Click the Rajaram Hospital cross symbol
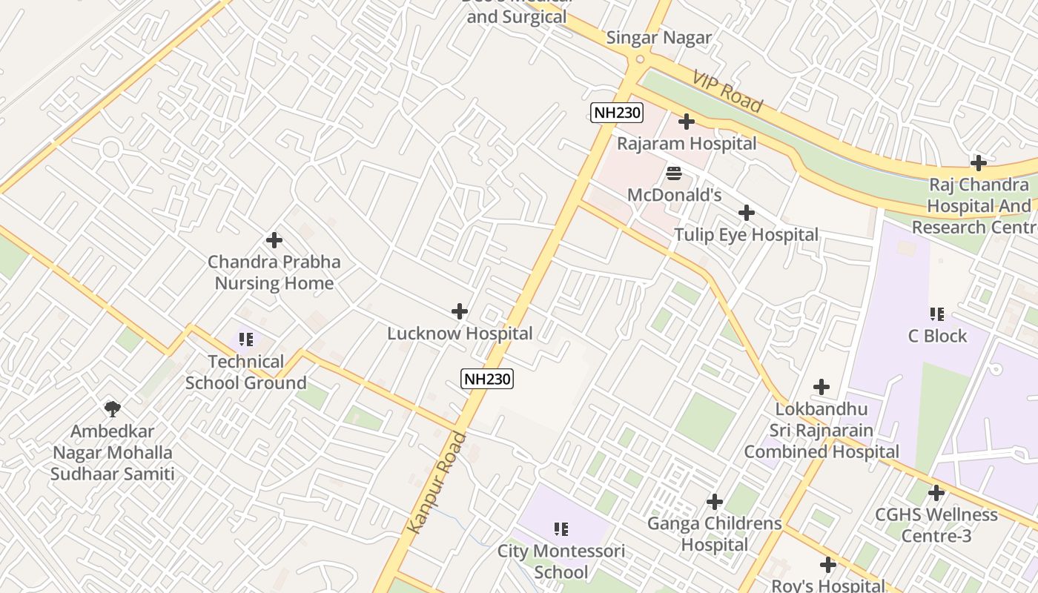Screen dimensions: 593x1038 tap(687, 122)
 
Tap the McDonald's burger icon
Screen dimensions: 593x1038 tap(674, 173)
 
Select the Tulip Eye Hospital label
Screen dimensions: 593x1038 tap(746, 235)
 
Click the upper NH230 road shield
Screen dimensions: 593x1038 tap(617, 113)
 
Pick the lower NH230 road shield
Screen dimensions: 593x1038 tap(487, 379)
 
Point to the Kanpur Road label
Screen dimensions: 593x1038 tap(437, 482)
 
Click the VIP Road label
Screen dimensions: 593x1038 tap(727, 92)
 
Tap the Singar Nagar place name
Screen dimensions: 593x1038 tap(658, 38)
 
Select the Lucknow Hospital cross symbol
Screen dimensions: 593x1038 tap(460, 311)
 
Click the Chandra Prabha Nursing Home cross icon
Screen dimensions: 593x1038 tap(274, 240)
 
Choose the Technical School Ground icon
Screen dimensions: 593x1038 tap(246, 340)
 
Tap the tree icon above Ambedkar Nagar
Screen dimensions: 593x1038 tap(113, 408)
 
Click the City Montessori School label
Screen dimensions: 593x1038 tap(561, 561)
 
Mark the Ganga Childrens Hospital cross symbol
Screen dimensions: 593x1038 tap(715, 502)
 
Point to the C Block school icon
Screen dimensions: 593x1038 tap(937, 314)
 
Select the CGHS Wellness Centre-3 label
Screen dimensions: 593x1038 tap(936, 524)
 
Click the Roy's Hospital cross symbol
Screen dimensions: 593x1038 tap(828, 565)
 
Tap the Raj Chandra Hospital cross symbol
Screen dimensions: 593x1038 tap(979, 163)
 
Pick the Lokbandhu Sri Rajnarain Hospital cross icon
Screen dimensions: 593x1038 tap(822, 387)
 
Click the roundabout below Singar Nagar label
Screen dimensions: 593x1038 tap(641, 59)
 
